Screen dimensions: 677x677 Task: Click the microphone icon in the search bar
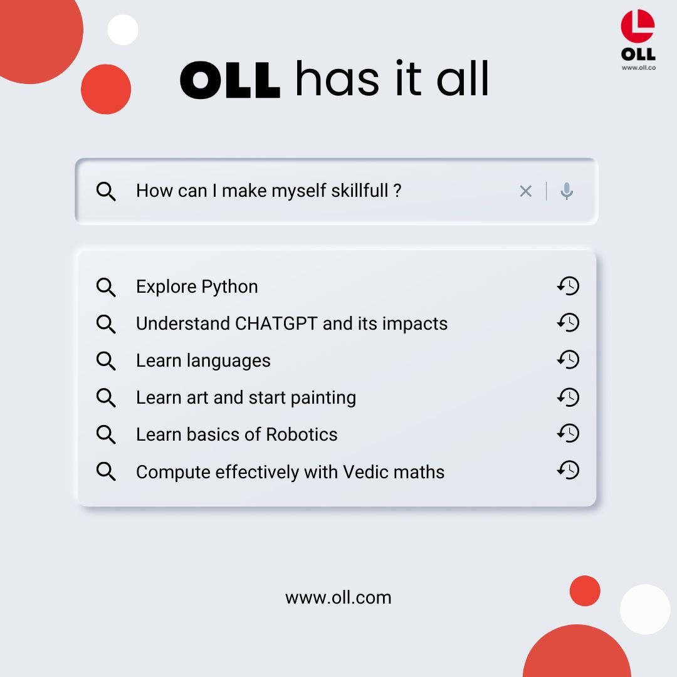[567, 191]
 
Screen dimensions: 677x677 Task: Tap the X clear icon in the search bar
[525, 191]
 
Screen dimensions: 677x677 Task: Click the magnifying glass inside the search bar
[106, 191]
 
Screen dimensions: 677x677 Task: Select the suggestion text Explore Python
[197, 286]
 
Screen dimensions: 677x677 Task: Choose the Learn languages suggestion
[203, 360]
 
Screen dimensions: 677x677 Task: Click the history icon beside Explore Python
[568, 286]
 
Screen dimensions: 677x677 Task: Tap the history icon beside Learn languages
[568, 360]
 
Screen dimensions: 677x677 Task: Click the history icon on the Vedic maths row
[568, 470]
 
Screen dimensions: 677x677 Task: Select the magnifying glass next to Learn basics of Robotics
[106, 434]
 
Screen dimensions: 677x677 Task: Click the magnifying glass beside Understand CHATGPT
[106, 324]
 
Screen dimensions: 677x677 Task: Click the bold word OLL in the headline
[229, 80]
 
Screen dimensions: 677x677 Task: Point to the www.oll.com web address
[338, 597]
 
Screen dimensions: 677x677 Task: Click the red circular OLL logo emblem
[638, 28]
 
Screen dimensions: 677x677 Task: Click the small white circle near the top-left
[123, 29]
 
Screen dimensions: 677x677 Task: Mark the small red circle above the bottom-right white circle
[585, 590]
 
